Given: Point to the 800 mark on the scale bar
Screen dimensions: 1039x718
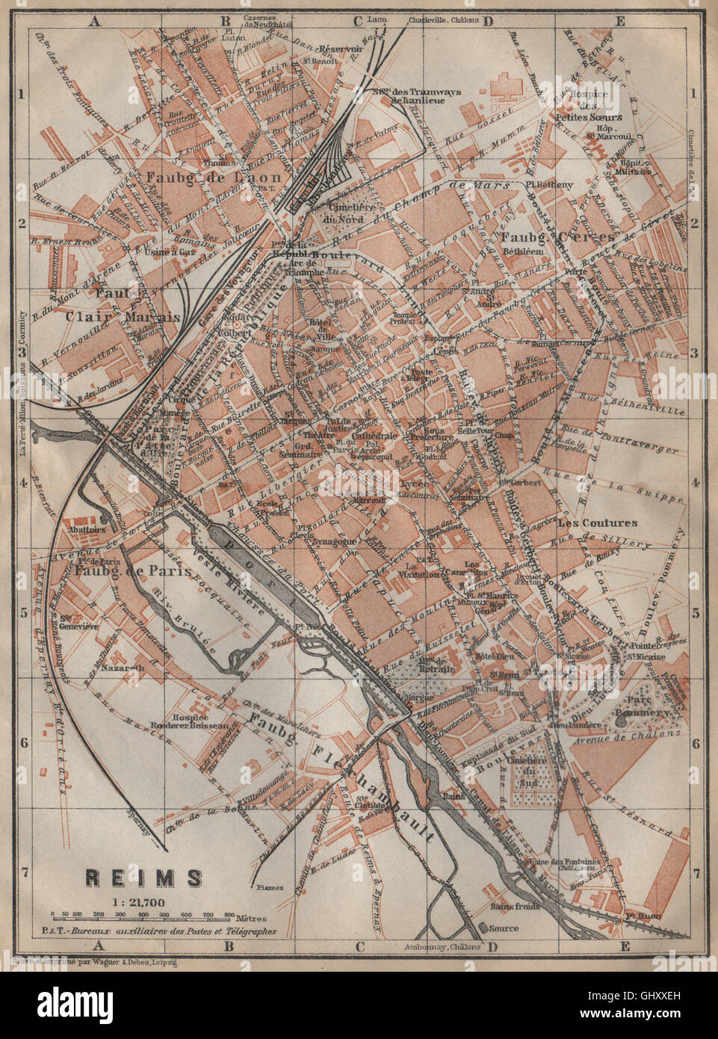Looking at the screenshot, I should [229, 914].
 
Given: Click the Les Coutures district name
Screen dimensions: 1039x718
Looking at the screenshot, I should [597, 523].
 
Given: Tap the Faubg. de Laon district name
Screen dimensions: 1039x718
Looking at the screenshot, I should [204, 177].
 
